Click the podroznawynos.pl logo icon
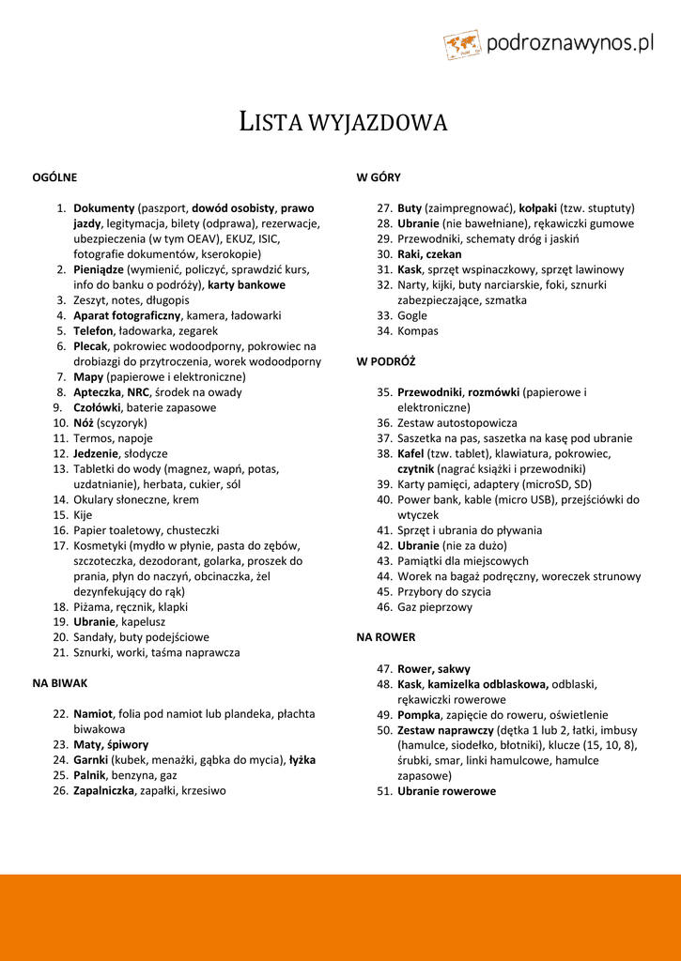[x=462, y=44]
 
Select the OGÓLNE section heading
[x=54, y=176]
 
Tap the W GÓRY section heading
[x=378, y=176]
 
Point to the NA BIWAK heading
[x=60, y=682]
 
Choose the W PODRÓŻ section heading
[x=385, y=360]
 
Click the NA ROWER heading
[x=385, y=637]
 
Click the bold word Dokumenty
[x=104, y=207]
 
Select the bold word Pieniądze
[x=99, y=269]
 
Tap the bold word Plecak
[x=91, y=346]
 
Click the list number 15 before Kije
[x=59, y=515]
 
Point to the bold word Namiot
[x=94, y=713]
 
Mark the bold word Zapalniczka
[x=104, y=790]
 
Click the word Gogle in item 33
[x=411, y=315]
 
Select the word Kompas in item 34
[x=417, y=330]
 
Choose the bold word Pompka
[x=418, y=714]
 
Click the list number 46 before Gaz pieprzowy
[x=383, y=607]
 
